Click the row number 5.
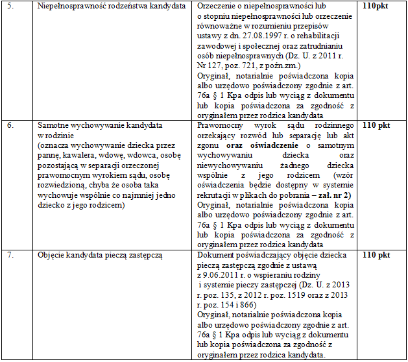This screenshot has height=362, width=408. point(8,6)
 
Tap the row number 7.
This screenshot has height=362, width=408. point(8,256)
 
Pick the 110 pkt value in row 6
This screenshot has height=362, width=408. point(376,126)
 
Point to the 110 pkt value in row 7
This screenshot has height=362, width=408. point(376,256)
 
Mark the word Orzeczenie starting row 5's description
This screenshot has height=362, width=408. point(219,6)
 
